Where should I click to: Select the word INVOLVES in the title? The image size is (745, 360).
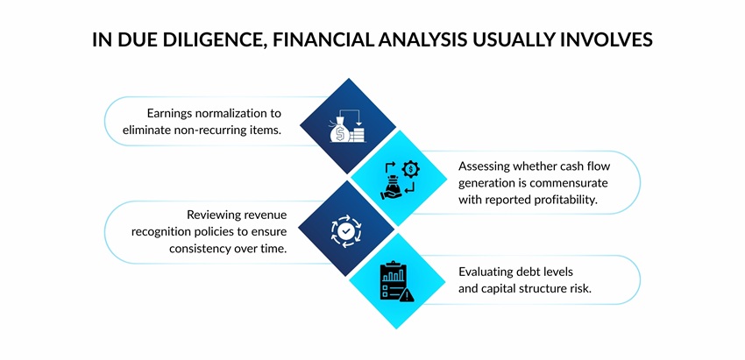click(x=607, y=40)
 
